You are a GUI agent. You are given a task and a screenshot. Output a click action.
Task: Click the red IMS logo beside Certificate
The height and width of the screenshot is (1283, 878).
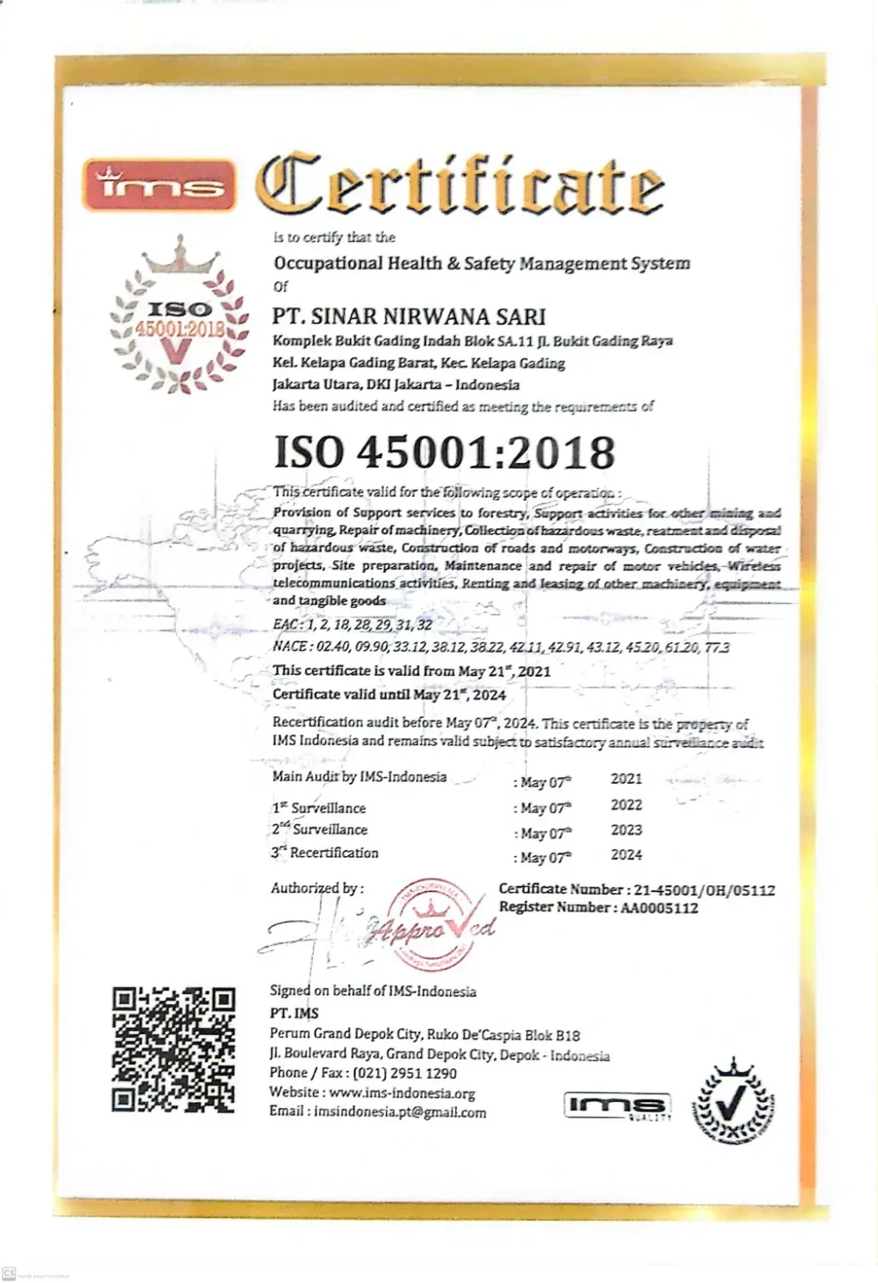[x=159, y=184]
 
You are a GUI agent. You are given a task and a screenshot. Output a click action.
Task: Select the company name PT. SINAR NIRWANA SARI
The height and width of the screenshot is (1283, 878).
[x=409, y=316]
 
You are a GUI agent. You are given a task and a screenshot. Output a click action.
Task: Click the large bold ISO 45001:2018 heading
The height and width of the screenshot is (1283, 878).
[x=444, y=452]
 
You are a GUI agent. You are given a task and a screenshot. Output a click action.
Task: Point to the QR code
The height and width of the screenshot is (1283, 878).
[x=174, y=1049]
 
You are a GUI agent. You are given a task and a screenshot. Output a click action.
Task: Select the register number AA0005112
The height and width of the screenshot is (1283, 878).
[x=659, y=908]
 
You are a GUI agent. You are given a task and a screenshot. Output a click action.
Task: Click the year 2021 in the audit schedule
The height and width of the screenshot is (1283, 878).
[x=626, y=779]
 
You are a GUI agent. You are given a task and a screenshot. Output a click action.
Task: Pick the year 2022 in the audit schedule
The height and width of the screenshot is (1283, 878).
[x=626, y=804]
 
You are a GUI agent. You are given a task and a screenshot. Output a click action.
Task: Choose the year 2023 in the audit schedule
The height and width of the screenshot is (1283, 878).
[x=626, y=829]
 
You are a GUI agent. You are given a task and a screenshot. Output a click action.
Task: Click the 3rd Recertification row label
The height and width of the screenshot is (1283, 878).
[x=325, y=852]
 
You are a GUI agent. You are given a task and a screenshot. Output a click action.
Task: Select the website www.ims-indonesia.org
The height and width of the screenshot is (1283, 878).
[x=402, y=1093]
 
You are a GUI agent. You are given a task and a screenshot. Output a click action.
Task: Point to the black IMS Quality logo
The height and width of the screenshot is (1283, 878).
[x=617, y=1106]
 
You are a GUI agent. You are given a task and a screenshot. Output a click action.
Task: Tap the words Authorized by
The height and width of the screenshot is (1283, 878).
[x=316, y=888]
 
